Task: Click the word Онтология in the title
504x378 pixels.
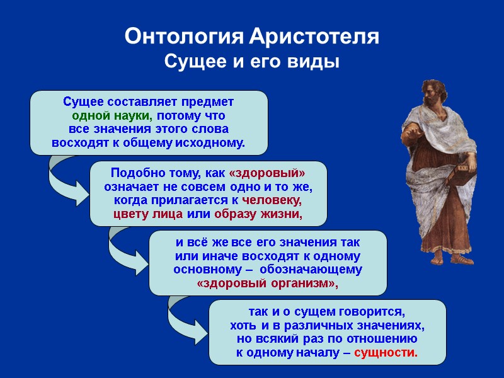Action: [182, 37]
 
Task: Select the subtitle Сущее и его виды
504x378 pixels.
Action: [251, 62]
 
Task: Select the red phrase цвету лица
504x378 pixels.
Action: [148, 214]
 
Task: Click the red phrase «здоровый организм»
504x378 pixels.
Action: [267, 284]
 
